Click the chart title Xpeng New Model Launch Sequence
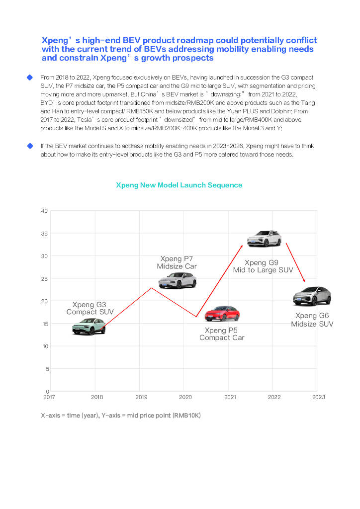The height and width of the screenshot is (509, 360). (179, 185)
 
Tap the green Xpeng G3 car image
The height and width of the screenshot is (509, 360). (89, 326)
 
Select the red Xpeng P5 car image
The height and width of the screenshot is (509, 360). (222, 314)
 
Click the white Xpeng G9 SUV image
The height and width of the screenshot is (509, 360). (265, 239)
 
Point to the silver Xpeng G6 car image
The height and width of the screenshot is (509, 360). (312, 296)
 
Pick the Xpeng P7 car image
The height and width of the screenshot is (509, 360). (178, 281)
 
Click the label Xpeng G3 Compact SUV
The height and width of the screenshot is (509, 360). (90, 308)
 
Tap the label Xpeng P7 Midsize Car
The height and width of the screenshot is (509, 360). (177, 262)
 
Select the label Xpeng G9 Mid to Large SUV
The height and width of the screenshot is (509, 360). (263, 266)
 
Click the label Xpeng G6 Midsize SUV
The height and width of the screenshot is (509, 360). (312, 320)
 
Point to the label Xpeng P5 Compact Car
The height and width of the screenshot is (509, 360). (222, 334)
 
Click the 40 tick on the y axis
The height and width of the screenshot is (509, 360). (45, 211)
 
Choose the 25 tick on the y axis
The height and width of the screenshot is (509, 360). (45, 278)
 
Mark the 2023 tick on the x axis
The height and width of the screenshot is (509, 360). (318, 397)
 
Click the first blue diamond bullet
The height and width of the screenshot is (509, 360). (30, 78)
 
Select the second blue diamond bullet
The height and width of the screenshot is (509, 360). (30, 146)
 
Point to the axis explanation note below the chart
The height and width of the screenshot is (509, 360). (121, 415)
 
